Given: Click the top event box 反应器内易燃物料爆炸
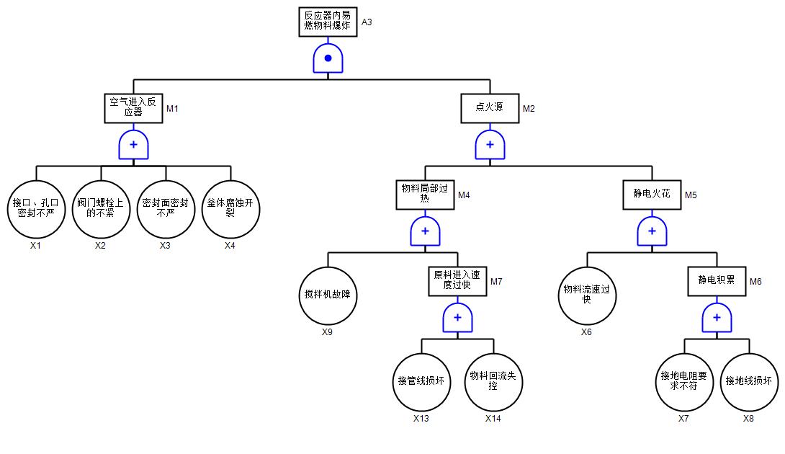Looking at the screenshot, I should click(328, 21).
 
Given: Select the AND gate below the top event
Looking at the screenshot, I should click(328, 58).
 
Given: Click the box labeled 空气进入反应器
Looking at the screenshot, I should click(133, 108).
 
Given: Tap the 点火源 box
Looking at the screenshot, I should click(490, 108).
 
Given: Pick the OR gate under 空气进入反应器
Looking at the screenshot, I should click(133, 145).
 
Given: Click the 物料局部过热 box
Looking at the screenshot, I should click(425, 195).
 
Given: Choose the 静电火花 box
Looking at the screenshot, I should click(652, 195).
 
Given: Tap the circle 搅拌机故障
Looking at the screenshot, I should click(328, 295).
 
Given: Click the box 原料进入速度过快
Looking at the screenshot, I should click(457, 281).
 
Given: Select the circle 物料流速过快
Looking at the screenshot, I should click(587, 295).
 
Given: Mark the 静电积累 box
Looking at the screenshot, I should click(717, 281).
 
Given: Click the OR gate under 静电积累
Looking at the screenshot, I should click(717, 318).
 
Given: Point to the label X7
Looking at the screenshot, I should click(683, 419).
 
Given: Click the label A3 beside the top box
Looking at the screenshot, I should click(367, 22).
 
